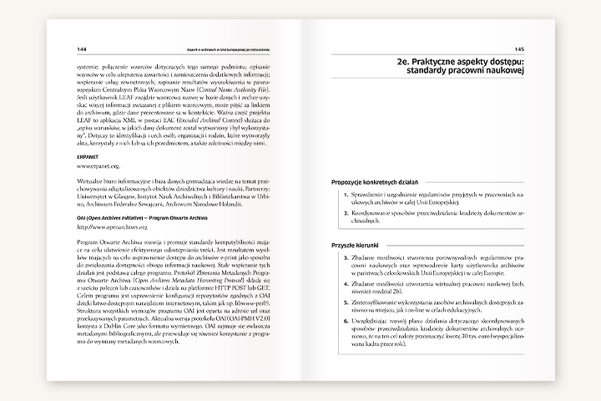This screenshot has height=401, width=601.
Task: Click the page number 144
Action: point(81,48)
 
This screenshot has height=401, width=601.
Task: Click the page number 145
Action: point(518,48)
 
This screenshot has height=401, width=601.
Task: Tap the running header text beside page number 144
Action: point(226,48)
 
